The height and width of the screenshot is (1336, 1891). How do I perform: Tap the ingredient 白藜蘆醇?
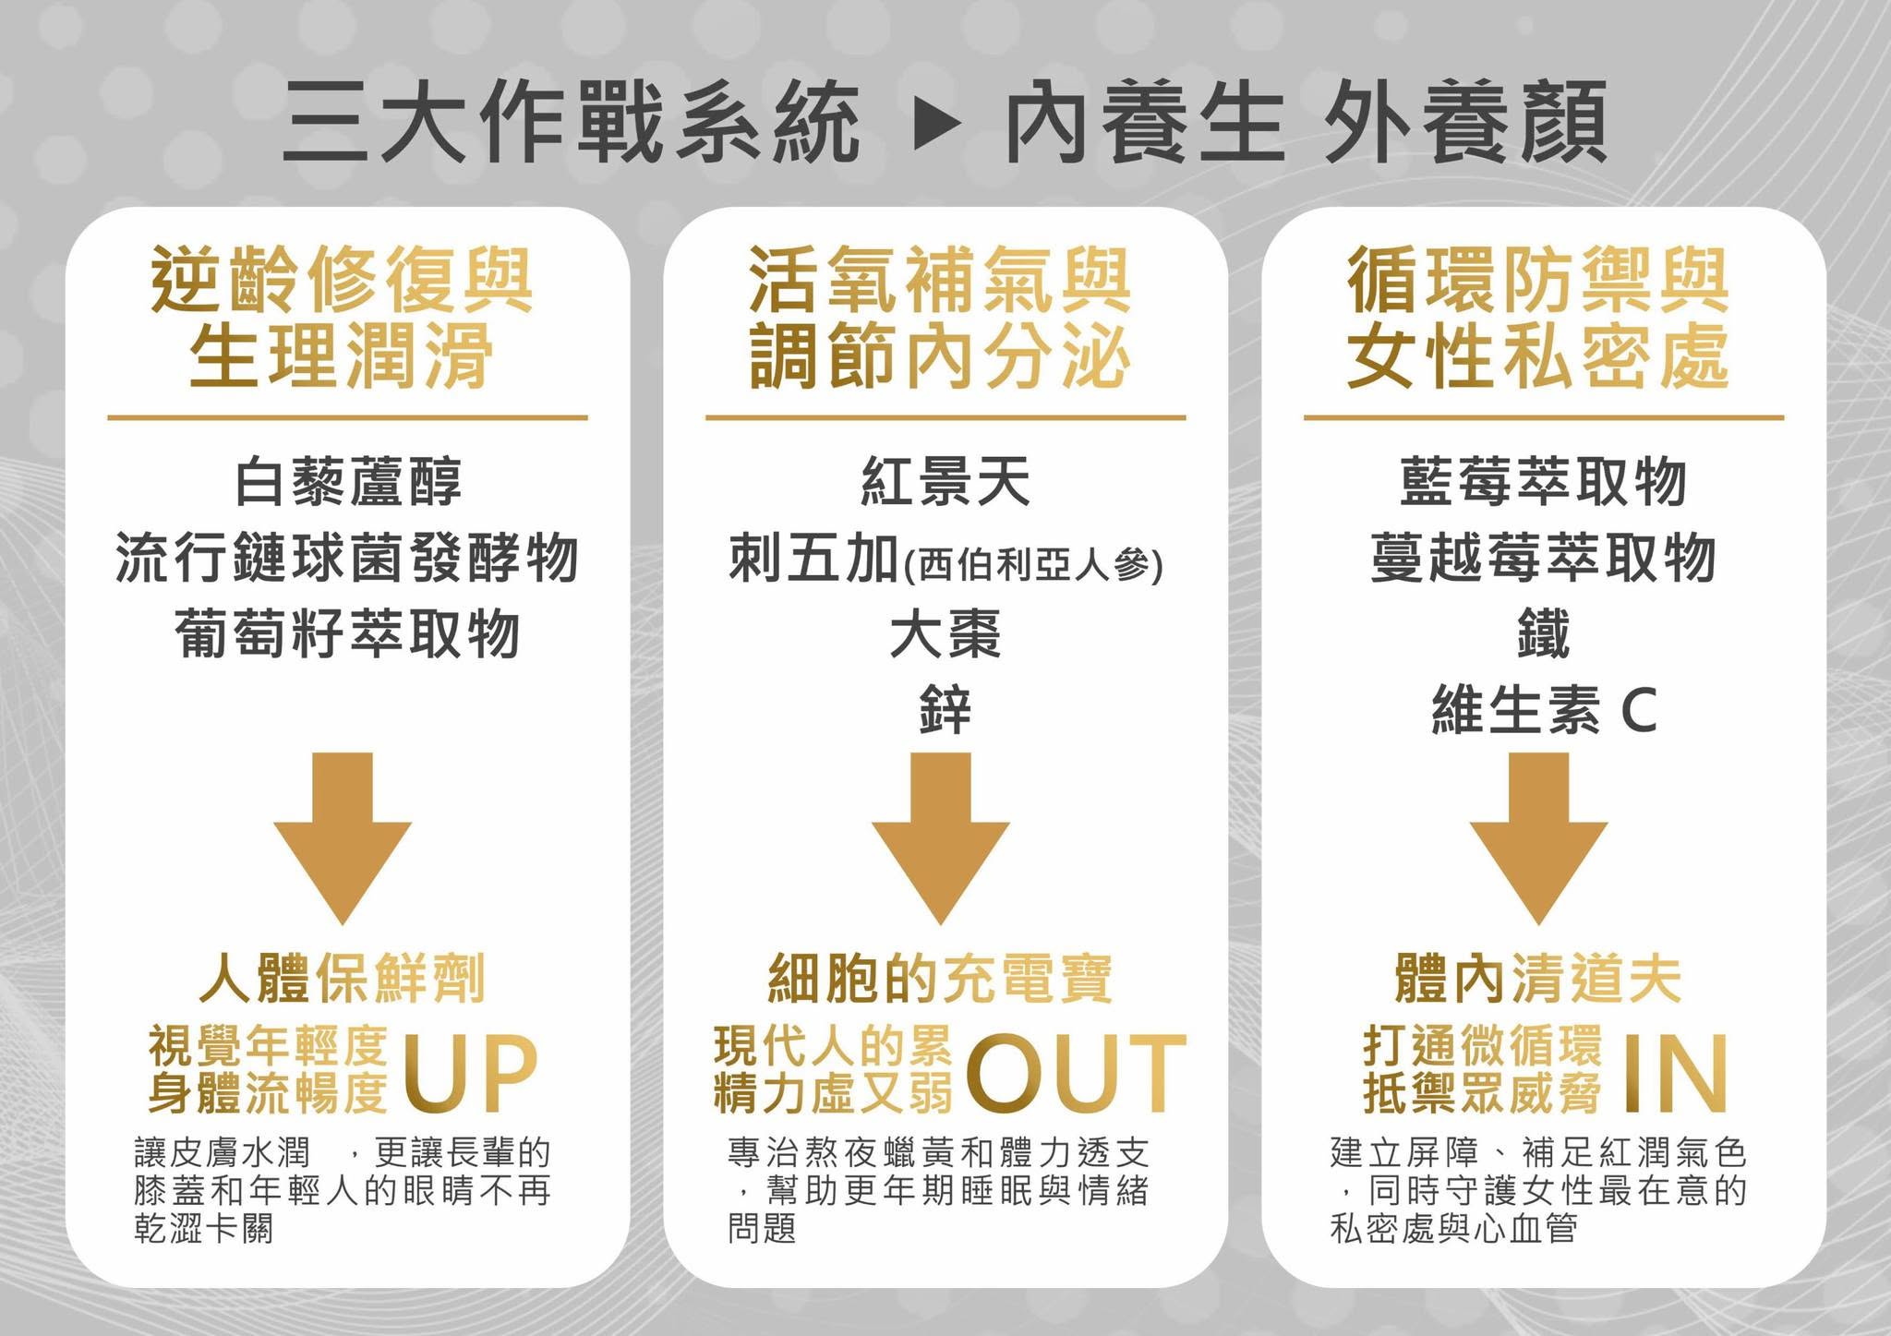point(347,482)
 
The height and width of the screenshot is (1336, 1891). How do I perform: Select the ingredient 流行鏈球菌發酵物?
point(347,558)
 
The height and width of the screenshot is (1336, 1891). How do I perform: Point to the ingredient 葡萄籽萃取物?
point(347,634)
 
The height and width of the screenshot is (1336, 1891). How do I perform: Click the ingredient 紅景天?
point(945,482)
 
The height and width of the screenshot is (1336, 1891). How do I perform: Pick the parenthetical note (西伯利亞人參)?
point(1032,563)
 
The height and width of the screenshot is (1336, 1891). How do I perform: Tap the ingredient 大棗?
point(945,634)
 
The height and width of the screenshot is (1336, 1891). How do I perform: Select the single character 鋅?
point(945,711)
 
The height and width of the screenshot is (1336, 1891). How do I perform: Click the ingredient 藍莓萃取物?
point(1544,482)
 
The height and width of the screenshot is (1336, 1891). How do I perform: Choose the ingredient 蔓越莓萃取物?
point(1544,558)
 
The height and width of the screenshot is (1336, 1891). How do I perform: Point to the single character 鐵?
point(1544,634)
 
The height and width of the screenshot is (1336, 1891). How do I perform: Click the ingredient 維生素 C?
point(1544,711)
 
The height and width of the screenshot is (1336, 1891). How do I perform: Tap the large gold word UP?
point(470,1072)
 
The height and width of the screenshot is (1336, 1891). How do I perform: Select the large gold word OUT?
point(1077,1072)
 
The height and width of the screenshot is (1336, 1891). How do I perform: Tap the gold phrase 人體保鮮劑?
point(342,979)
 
